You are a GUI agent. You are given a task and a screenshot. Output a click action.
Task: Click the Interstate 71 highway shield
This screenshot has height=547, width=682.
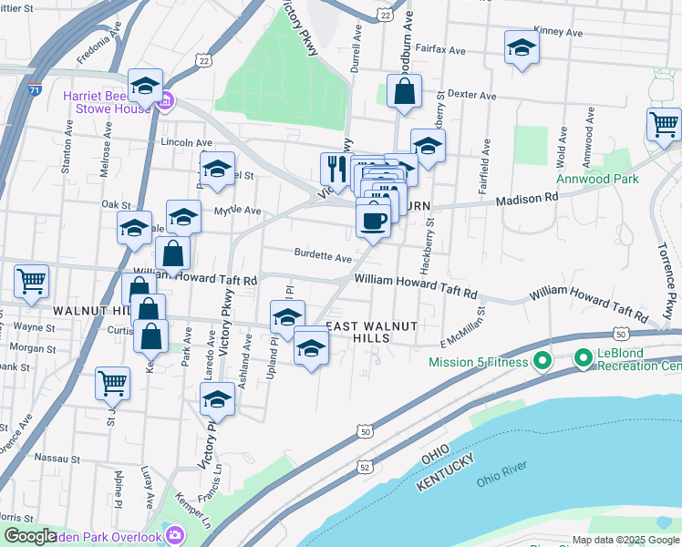[x=35, y=90]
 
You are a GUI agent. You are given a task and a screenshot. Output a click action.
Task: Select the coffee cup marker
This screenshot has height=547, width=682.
[x=372, y=220]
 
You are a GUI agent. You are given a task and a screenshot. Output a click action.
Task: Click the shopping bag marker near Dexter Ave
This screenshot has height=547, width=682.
[x=403, y=92]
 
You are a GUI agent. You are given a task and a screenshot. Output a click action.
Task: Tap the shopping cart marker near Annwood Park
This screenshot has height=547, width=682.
[x=665, y=124]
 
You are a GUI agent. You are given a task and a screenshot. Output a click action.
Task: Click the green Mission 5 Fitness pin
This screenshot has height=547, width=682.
[x=542, y=362]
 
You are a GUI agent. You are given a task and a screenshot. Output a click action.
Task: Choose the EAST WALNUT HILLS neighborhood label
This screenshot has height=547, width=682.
[x=371, y=332]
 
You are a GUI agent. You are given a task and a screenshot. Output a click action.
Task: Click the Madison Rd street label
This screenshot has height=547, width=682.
[x=526, y=198]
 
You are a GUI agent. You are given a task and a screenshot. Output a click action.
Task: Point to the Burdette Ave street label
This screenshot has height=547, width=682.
[x=322, y=257]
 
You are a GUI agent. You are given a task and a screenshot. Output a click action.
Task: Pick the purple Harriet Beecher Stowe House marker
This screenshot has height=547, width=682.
[x=165, y=100]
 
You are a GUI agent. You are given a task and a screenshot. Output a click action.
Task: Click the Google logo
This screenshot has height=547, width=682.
[x=30, y=536]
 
